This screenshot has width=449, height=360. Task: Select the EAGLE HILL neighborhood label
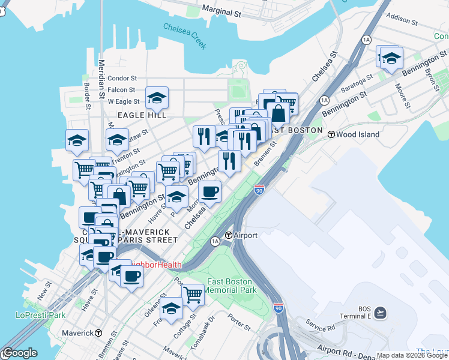coord(142,115)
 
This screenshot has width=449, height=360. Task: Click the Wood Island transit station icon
coord(331,134)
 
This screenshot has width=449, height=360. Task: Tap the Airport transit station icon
coord(228,235)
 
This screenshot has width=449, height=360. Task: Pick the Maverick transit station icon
coord(98,333)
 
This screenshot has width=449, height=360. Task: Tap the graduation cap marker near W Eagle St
coord(157,97)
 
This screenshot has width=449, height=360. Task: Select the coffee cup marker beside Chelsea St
coord(209,191)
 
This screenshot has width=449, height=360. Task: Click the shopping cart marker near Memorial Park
coord(193,294)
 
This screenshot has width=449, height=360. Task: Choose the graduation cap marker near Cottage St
coord(171,308)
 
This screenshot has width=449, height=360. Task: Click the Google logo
coord(19,353)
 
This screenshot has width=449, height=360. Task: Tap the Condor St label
coord(122,78)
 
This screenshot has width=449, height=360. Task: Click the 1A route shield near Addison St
coord(366,40)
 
